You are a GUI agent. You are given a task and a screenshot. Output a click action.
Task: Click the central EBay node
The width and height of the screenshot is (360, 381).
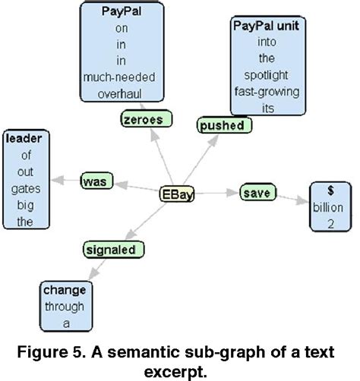pyautogui.click(x=178, y=194)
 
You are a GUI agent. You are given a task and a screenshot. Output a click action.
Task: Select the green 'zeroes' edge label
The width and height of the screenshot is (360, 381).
pyautogui.click(x=146, y=118)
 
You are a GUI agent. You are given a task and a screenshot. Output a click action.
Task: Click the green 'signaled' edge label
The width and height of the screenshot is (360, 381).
pyautogui.click(x=113, y=248)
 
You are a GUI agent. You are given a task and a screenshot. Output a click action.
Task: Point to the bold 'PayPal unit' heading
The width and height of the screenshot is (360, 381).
pyautogui.click(x=266, y=26)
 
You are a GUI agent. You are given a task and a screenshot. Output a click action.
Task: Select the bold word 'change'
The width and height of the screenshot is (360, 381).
pyautogui.click(x=65, y=291)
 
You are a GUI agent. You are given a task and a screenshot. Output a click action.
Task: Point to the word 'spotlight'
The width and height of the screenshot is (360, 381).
pyautogui.click(x=266, y=77)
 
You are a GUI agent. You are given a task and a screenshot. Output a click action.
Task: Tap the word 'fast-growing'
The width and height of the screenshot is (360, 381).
pyautogui.click(x=266, y=93)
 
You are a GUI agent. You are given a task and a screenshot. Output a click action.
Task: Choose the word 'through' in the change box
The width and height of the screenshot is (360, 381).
pyautogui.click(x=65, y=307)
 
